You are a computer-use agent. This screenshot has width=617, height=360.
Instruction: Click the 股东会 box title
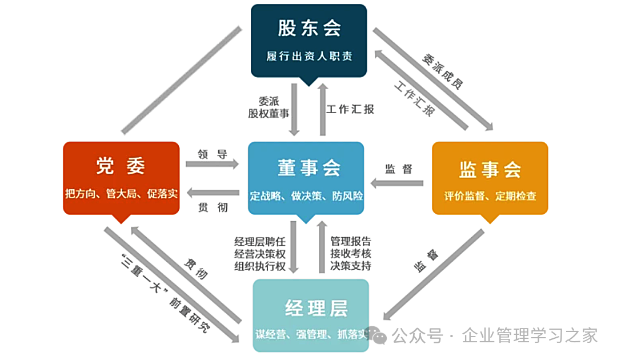pyautogui.click(x=309, y=28)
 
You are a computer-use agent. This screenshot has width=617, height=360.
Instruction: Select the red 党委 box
pyautogui.click(x=121, y=178)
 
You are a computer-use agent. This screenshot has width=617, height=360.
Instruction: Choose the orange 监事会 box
pyautogui.click(x=490, y=178)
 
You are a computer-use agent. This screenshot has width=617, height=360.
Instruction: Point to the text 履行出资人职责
pyautogui.click(x=309, y=57)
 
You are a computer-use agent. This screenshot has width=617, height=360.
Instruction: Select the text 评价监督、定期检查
pyautogui.click(x=490, y=196)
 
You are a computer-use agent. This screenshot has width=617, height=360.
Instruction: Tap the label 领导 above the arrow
pyautogui.click(x=213, y=154)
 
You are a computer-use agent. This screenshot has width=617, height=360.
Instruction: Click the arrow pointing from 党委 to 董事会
pyautogui.click(x=212, y=165)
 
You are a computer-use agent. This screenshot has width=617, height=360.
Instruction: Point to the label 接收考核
pyautogui.click(x=351, y=253)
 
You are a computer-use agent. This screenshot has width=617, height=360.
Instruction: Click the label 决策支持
pyautogui.click(x=351, y=266)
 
